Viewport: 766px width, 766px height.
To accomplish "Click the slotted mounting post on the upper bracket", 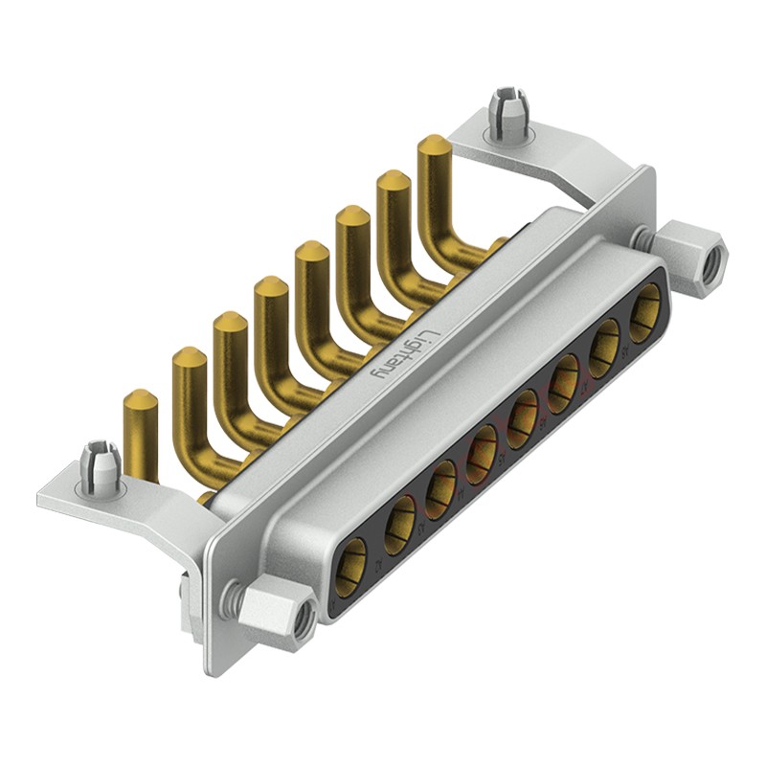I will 508,114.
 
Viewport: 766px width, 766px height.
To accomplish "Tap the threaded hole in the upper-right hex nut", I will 710,264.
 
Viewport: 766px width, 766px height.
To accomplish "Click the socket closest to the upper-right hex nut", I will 645,313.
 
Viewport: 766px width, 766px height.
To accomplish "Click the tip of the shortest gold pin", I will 141,398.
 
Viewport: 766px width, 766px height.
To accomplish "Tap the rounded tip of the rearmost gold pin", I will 434,145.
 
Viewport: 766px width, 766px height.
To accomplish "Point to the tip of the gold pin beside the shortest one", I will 189,356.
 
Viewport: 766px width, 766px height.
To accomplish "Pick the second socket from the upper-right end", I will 604,348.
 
